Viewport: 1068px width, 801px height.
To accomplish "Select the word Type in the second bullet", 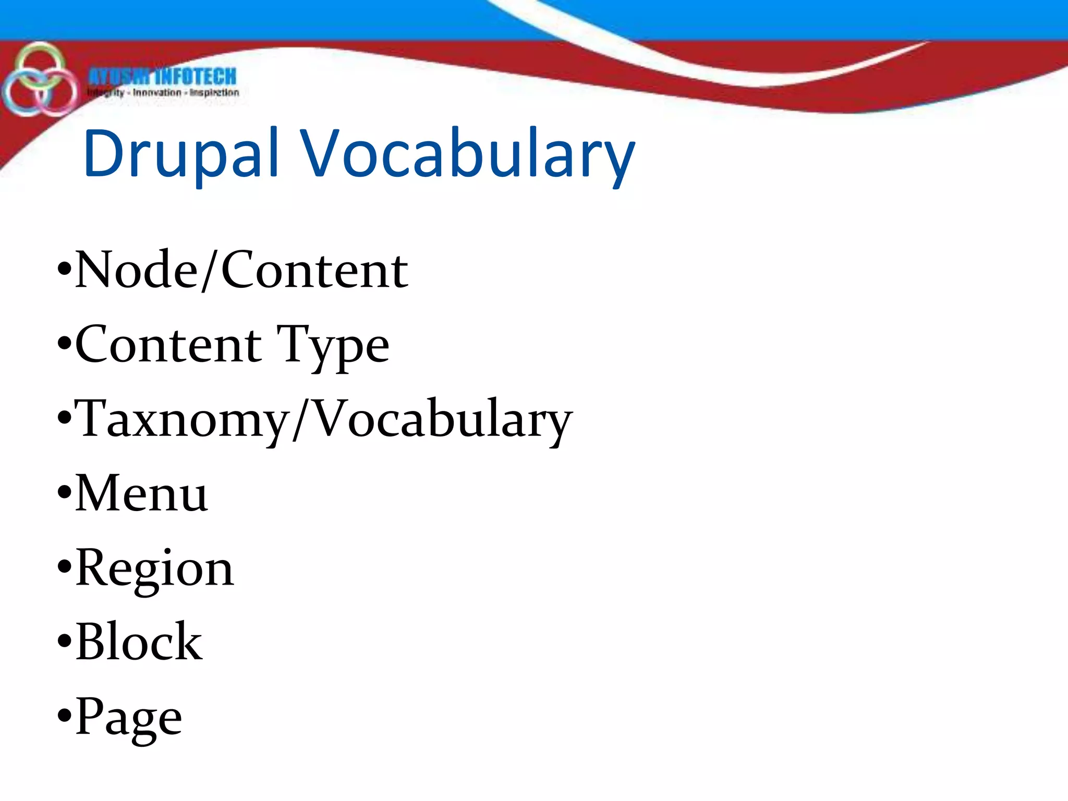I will [333, 345].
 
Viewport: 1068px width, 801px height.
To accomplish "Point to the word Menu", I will [141, 493].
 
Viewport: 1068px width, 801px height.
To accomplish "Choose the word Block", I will [139, 642].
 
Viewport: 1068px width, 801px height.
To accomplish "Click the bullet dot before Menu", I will [64, 492].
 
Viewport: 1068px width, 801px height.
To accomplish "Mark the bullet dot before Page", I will [64, 715].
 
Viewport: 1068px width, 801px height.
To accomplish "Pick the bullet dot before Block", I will [64, 640].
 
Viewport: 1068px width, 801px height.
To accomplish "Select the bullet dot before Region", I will [64, 566].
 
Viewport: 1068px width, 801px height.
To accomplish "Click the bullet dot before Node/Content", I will [64, 269].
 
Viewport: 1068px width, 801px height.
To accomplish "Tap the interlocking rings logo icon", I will [39, 80].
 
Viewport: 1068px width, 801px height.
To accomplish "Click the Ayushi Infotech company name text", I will [162, 77].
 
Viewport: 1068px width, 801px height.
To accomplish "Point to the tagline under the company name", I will [163, 93].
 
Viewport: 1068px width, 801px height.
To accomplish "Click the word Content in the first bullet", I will [314, 270].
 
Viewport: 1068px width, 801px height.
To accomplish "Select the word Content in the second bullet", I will [168, 345].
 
